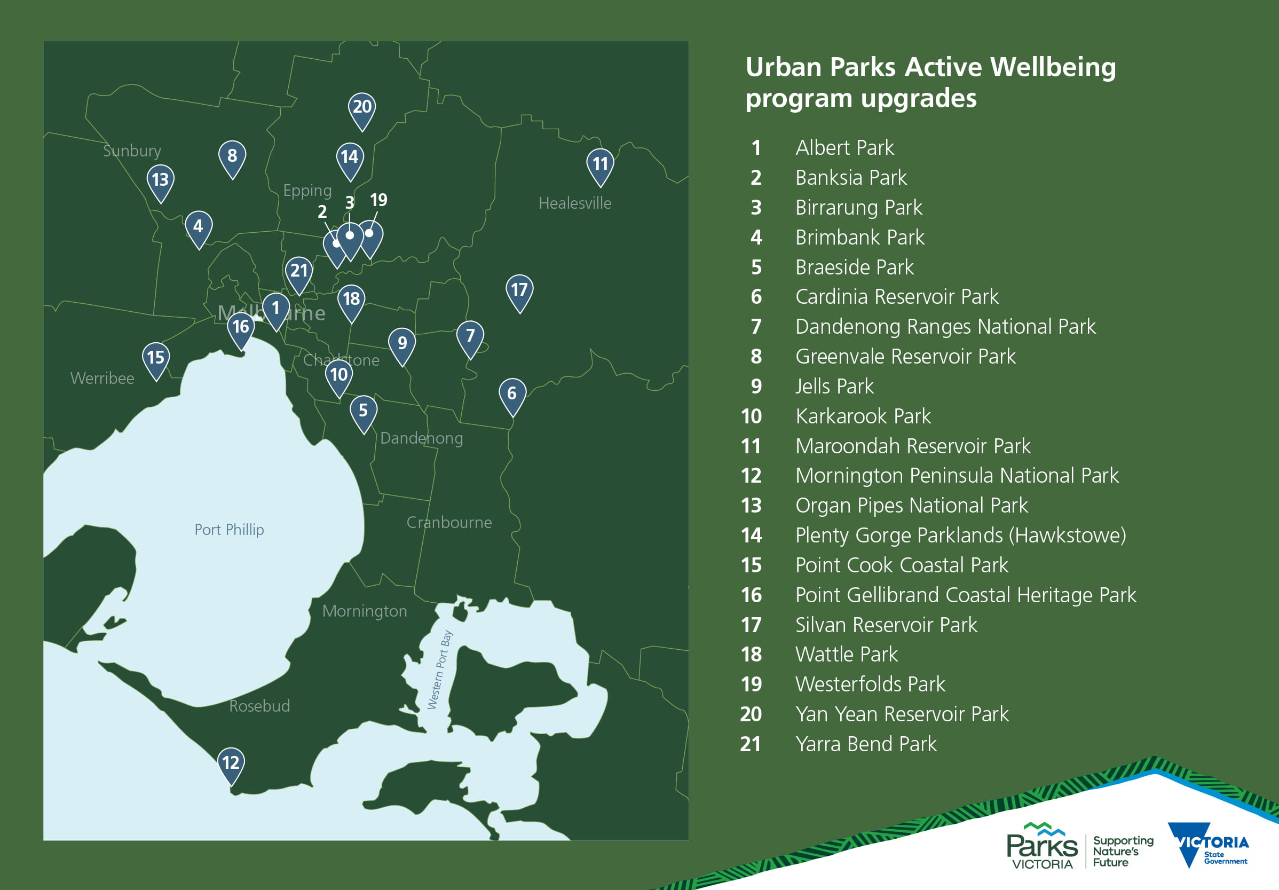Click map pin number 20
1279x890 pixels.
click(362, 108)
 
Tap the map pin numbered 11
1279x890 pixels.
click(600, 164)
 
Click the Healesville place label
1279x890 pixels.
click(574, 203)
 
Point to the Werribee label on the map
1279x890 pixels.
click(102, 379)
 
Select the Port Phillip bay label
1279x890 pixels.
click(229, 530)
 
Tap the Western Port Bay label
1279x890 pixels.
click(439, 670)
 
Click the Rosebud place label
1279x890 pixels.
click(259, 706)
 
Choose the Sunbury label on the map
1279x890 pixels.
click(131, 151)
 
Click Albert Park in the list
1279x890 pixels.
click(844, 148)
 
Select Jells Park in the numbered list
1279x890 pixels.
click(834, 386)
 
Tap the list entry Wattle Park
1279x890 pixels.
click(846, 654)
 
